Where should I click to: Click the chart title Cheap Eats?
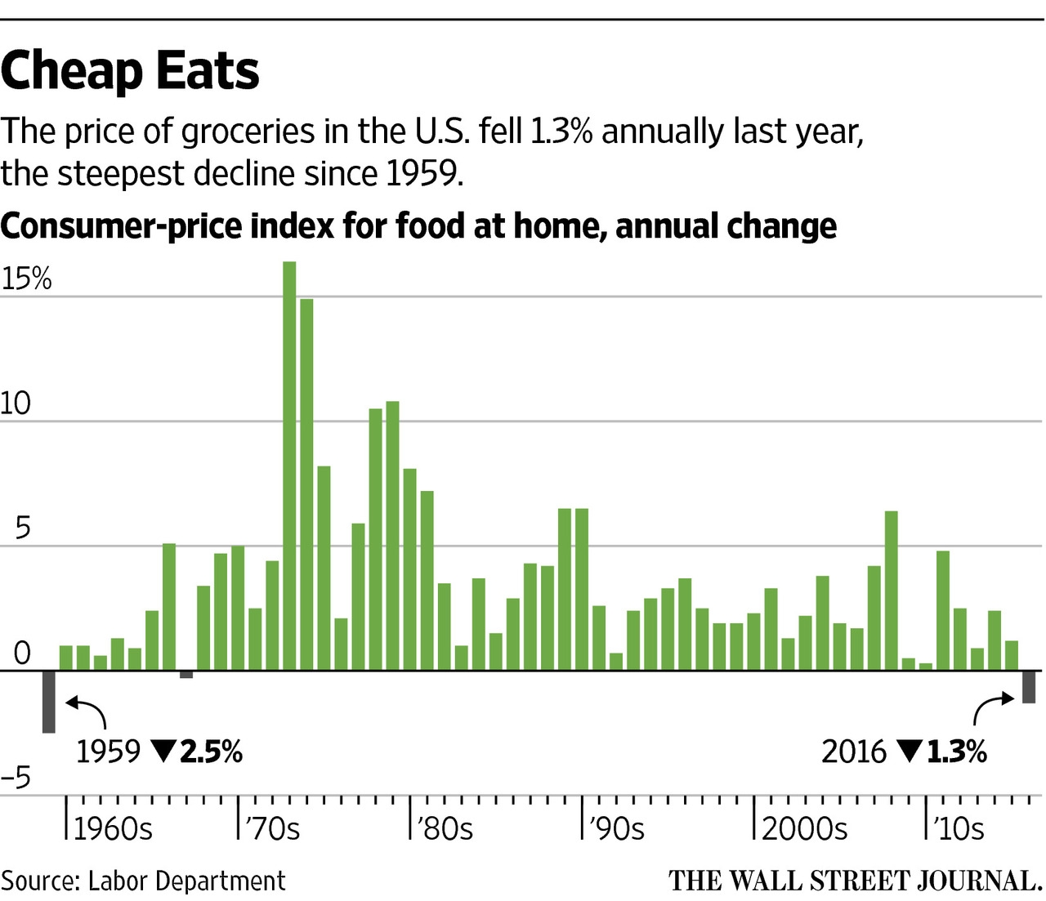tap(130, 70)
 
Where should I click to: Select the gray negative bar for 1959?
tap(49, 702)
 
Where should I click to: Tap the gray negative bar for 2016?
tap(1029, 687)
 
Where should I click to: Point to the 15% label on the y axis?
tap(26, 279)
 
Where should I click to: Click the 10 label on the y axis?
tap(16, 404)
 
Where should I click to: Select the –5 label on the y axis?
tap(16, 778)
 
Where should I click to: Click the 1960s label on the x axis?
tap(113, 829)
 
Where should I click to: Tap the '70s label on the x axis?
tap(272, 829)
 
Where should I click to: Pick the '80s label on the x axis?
tap(445, 829)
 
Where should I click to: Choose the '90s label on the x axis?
tap(616, 829)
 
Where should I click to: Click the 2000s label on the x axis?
tap(804, 829)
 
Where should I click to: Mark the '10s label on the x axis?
tap(959, 829)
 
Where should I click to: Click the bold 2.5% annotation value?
tap(211, 752)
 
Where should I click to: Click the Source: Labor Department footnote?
tap(144, 881)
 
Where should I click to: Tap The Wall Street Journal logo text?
tap(855, 881)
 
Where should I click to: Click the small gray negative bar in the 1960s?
tap(186, 674)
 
